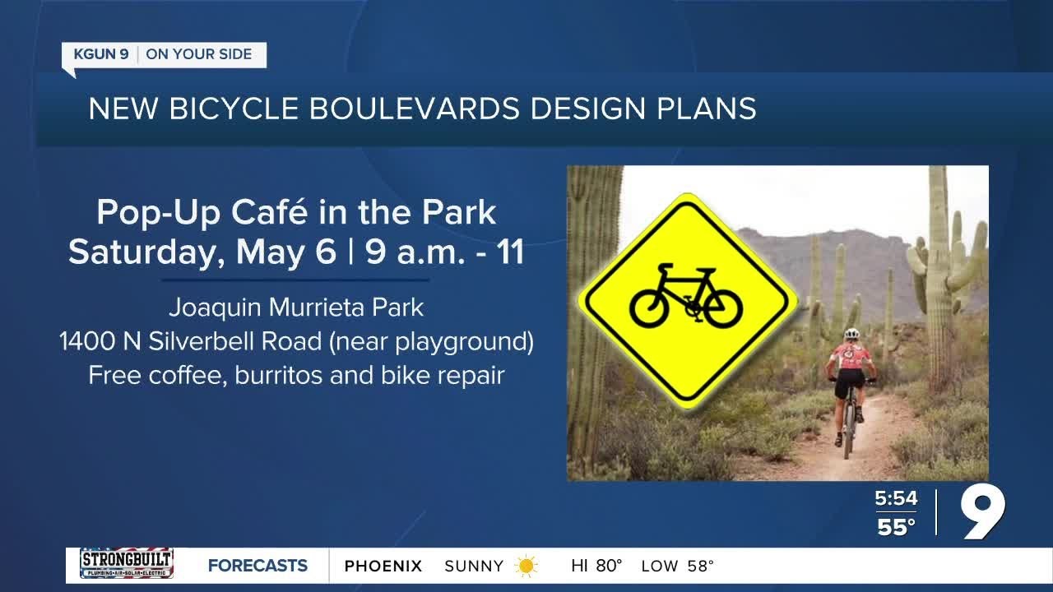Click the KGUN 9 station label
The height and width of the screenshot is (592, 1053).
tap(100, 55)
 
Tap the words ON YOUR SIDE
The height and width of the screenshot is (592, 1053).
tap(199, 55)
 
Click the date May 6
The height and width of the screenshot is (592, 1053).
tap(285, 252)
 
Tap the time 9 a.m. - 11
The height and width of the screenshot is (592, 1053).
tap(445, 252)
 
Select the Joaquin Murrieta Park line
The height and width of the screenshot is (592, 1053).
tap(296, 308)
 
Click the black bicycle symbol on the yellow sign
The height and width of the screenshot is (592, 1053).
tap(685, 298)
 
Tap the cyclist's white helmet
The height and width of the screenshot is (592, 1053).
tap(851, 334)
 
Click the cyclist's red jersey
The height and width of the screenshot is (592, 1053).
tap(850, 357)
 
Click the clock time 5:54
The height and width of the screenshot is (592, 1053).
tap(896, 498)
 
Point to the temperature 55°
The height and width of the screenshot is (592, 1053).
tap(896, 527)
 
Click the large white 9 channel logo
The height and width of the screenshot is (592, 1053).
tap(983, 511)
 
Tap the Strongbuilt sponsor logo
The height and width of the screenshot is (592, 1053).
tap(126, 564)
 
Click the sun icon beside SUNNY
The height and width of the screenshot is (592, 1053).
tap(526, 566)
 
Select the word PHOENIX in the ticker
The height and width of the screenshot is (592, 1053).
tap(383, 566)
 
